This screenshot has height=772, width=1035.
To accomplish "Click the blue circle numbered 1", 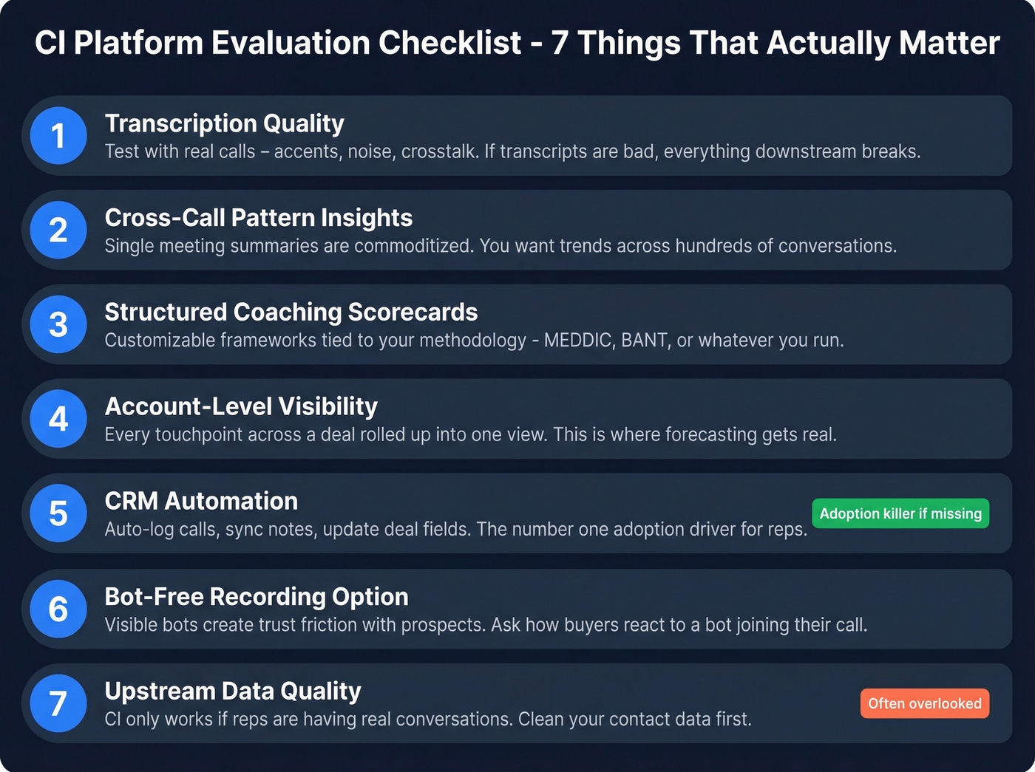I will pyautogui.click(x=58, y=136).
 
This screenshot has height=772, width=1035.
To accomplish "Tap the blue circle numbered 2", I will pyautogui.click(x=58, y=230).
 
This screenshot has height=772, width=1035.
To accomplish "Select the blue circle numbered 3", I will pyautogui.click(x=58, y=325).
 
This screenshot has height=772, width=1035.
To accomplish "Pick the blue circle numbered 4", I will pyautogui.click(x=58, y=419).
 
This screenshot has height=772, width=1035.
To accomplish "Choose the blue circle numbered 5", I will pyautogui.click(x=58, y=513).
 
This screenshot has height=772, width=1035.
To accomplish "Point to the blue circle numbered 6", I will pyautogui.click(x=58, y=609).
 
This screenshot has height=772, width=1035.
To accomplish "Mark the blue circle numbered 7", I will pyautogui.click(x=58, y=703).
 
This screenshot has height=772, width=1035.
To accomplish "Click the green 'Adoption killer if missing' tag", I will pyautogui.click(x=900, y=513).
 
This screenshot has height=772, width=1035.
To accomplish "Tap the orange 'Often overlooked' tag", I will pyautogui.click(x=924, y=703).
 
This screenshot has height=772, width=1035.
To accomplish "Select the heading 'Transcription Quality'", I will pyautogui.click(x=224, y=123).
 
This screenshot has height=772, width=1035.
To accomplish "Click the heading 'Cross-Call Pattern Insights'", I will pyautogui.click(x=258, y=218).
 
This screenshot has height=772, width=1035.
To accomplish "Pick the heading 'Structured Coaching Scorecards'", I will pyautogui.click(x=291, y=312).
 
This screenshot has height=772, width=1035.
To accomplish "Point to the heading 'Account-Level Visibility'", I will pyautogui.click(x=241, y=406).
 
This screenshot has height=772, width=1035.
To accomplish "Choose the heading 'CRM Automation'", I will pyautogui.click(x=201, y=501).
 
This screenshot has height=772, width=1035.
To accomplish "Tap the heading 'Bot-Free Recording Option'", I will pyautogui.click(x=257, y=596).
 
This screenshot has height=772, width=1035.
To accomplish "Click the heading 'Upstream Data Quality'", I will pyautogui.click(x=233, y=691).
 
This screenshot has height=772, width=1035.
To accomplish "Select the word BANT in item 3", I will pyautogui.click(x=644, y=341).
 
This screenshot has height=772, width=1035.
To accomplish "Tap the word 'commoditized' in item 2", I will pyautogui.click(x=413, y=246).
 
